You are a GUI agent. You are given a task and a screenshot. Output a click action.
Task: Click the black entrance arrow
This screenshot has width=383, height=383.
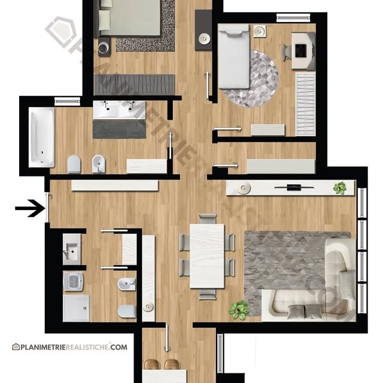tap(31, 208)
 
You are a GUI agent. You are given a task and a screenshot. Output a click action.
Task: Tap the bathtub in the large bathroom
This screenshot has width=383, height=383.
tap(41, 138)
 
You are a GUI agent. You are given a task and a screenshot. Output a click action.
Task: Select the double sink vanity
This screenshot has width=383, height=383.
tap(119, 110)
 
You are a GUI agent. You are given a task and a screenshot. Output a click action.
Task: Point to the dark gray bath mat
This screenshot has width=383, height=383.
tap(120, 129)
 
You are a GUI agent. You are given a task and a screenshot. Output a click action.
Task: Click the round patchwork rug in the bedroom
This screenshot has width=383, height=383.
tap(254, 78)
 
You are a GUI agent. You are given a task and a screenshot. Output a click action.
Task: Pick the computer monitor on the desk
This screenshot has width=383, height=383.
tap(300, 51)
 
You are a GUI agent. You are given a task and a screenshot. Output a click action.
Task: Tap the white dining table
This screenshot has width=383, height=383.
tap(207, 256)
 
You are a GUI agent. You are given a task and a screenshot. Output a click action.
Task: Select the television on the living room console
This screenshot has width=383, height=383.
tap(294, 187)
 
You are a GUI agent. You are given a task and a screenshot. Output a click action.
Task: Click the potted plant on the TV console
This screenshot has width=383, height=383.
tap(340, 188)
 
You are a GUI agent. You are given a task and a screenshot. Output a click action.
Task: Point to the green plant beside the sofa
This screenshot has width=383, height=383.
tap(239, 310)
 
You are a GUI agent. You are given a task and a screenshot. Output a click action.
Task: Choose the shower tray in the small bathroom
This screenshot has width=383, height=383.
tap(76, 308)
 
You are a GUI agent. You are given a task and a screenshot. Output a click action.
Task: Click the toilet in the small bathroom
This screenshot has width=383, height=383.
tap(127, 311)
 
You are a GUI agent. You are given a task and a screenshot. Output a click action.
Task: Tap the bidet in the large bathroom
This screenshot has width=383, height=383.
tap(99, 163)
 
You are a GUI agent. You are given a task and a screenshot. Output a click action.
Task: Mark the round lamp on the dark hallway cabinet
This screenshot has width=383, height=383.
tap(204, 38)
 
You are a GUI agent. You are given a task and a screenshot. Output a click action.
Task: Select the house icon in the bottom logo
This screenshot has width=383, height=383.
tap(16, 347)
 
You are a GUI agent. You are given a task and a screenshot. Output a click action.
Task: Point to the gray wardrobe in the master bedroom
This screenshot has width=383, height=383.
tap(134, 84)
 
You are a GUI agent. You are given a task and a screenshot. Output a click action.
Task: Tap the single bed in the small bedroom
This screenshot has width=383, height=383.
tap(234, 56)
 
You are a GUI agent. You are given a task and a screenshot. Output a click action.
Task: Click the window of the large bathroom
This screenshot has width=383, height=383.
tap(67, 101)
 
